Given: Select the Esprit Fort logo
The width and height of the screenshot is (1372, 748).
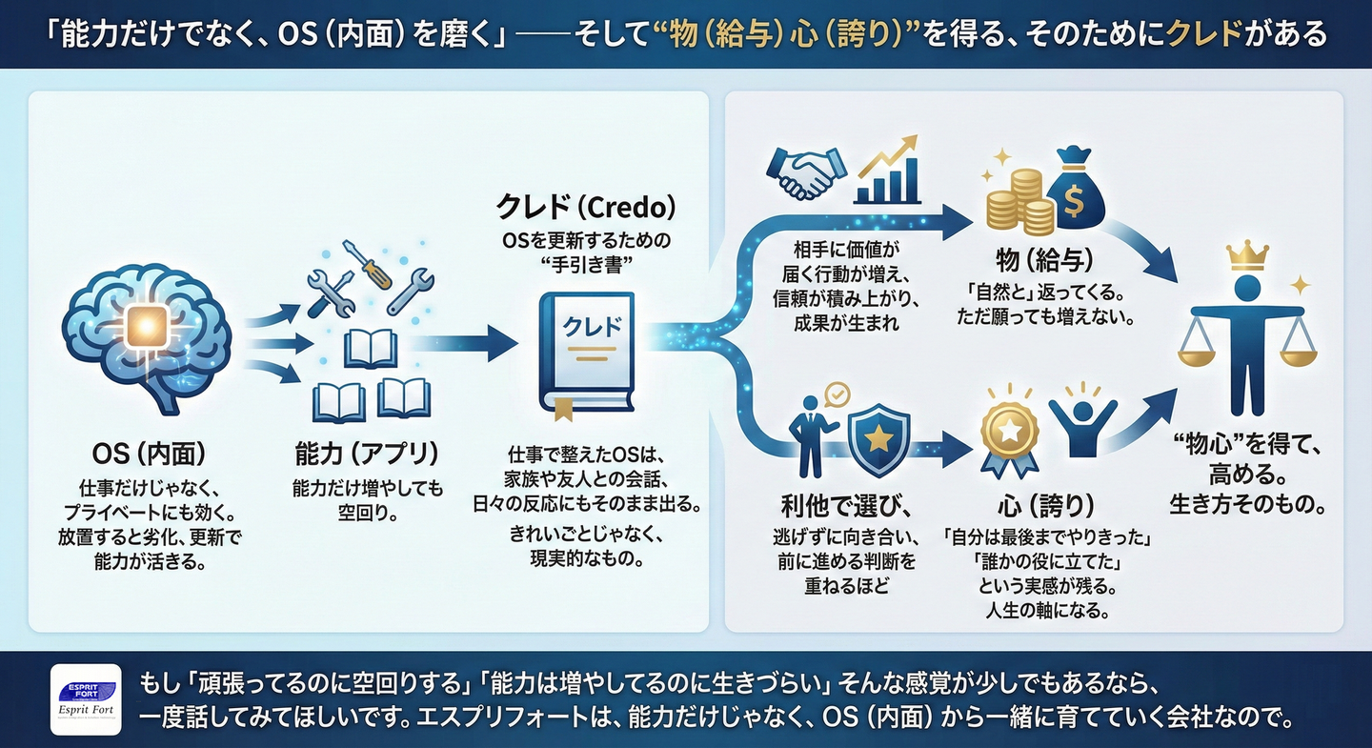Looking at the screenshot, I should point(86,698).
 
